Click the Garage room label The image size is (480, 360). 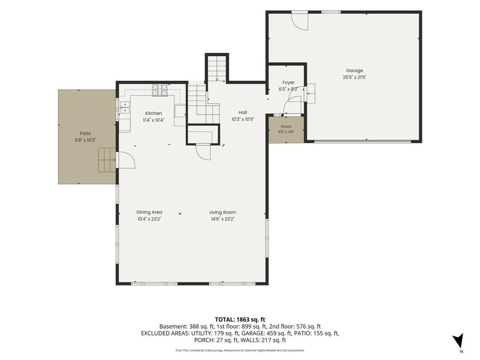[x=354, y=70]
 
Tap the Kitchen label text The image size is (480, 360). [x=153, y=113]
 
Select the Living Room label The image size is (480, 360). [x=223, y=212]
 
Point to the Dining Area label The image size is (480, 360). [x=149, y=212]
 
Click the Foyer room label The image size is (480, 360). [x=288, y=82]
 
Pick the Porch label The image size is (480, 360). [x=286, y=127]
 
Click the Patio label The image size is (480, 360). [x=85, y=134]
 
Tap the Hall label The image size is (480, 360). [x=243, y=112]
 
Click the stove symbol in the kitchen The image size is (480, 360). [x=160, y=90]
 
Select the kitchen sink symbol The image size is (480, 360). [x=125, y=107]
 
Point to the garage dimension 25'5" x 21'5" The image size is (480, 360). [x=354, y=77]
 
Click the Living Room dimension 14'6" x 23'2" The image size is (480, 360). [x=223, y=219]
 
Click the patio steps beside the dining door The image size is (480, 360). [x=107, y=160]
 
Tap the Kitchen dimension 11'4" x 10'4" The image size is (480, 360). [x=153, y=120]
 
